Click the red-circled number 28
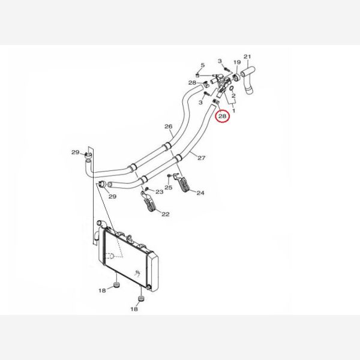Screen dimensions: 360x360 point(222,116)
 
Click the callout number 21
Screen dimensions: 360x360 point(247,56)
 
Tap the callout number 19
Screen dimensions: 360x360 point(237,62)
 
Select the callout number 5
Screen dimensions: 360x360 point(203,65)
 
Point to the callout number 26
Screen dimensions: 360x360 point(168,126)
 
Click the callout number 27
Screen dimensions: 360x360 point(202,158)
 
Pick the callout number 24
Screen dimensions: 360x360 point(200,193)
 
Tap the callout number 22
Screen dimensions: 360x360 point(166,214)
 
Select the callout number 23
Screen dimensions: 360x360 point(160,192)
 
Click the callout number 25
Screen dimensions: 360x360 point(168,188)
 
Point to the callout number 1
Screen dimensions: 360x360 point(234,111)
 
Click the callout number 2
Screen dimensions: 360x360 point(233,96)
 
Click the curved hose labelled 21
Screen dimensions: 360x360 point(248,80)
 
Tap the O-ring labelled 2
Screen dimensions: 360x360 point(232,88)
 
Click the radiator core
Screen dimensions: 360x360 point(125,258)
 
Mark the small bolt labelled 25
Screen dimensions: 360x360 point(169,176)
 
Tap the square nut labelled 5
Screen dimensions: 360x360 point(197,76)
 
